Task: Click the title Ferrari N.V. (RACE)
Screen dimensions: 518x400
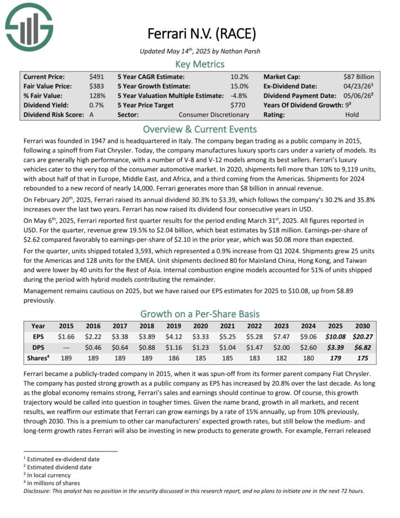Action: tap(200, 33)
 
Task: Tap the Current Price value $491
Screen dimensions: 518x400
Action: tap(96, 76)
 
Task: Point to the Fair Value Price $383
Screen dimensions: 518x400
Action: tap(96, 86)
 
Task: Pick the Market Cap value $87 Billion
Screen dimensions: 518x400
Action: tap(358, 76)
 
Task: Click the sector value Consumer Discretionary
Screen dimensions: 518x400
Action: tap(214, 114)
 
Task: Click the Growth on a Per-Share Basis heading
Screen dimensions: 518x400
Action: tap(200, 313)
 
